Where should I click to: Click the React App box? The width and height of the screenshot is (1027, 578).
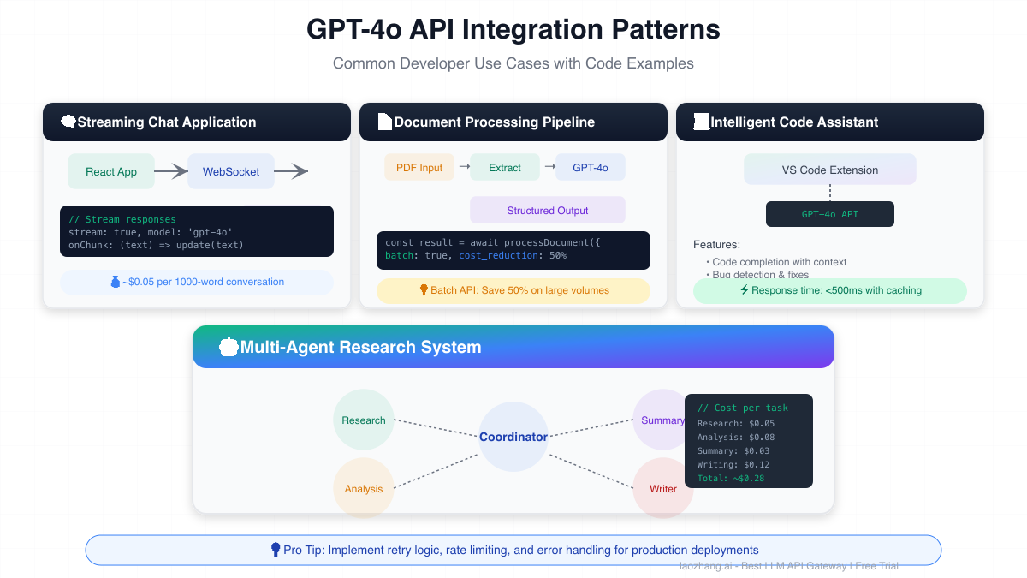coord(111,171)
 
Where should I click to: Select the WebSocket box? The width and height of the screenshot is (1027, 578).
coord(231,171)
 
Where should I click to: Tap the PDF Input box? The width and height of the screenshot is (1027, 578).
coord(419,168)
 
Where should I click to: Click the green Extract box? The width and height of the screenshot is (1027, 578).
coord(505,168)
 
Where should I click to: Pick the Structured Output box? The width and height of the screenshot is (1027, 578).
coord(548,210)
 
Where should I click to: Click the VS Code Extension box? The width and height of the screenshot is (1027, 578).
coord(830,170)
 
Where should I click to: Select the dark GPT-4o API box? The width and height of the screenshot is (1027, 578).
coord(830,214)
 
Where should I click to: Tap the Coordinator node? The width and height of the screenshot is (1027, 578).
coord(513,437)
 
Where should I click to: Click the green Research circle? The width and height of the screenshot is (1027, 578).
coord(364,420)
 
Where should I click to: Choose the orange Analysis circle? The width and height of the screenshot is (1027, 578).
coord(364,488)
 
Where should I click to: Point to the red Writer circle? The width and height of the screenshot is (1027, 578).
coord(663,488)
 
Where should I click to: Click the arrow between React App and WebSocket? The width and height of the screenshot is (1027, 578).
coord(170,171)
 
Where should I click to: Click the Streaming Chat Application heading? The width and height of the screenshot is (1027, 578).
coord(167,122)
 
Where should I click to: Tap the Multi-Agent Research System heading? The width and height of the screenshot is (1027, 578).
coord(360,347)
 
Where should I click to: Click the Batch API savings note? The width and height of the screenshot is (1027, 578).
coord(513,290)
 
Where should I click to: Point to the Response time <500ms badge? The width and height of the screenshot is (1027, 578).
coord(830,290)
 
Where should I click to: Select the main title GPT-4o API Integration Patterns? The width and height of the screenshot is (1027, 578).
coord(513,30)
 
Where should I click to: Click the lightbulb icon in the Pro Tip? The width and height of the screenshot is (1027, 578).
coord(276,550)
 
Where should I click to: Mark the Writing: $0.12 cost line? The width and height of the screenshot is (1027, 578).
coord(733,464)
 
